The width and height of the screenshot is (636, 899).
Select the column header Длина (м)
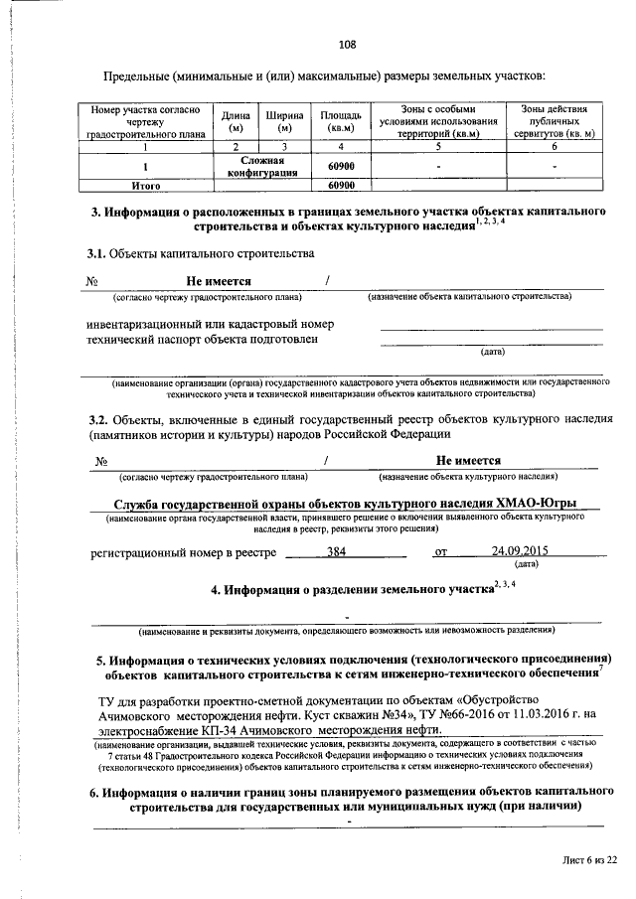236,121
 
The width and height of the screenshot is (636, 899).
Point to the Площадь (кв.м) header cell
340,121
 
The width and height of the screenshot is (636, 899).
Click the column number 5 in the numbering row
437,147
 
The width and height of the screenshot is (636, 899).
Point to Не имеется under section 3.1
219,282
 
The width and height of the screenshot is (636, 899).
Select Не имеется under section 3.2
468,460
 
